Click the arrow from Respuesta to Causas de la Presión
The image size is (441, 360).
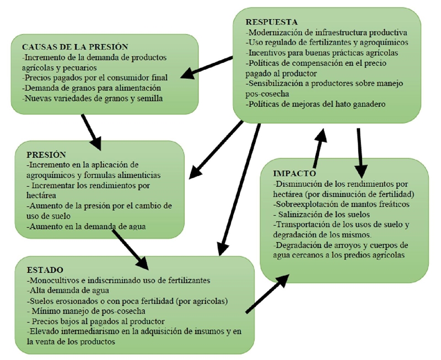click(208, 66)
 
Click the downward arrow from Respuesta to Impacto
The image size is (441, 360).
click(359, 147)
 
